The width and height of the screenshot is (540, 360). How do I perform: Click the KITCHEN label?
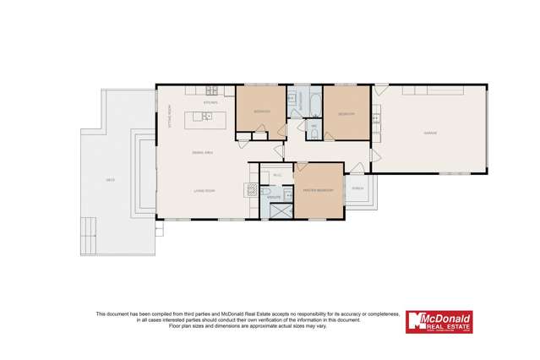(199, 103)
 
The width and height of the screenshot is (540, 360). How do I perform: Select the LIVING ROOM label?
(204, 191)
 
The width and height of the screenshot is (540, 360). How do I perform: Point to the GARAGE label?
(429, 133)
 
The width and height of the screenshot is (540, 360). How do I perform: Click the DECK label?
(110, 180)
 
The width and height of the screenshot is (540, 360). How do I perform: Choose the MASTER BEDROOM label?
(319, 191)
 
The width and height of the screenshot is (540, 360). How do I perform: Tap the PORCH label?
(357, 188)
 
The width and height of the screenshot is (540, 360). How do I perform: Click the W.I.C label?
(276, 176)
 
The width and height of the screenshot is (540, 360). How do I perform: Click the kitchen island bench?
(205, 116)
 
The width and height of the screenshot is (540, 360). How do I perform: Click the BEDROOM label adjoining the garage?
(346, 113)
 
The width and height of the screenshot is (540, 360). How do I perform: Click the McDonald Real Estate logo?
(439, 322)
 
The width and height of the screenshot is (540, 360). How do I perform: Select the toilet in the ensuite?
(265, 194)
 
